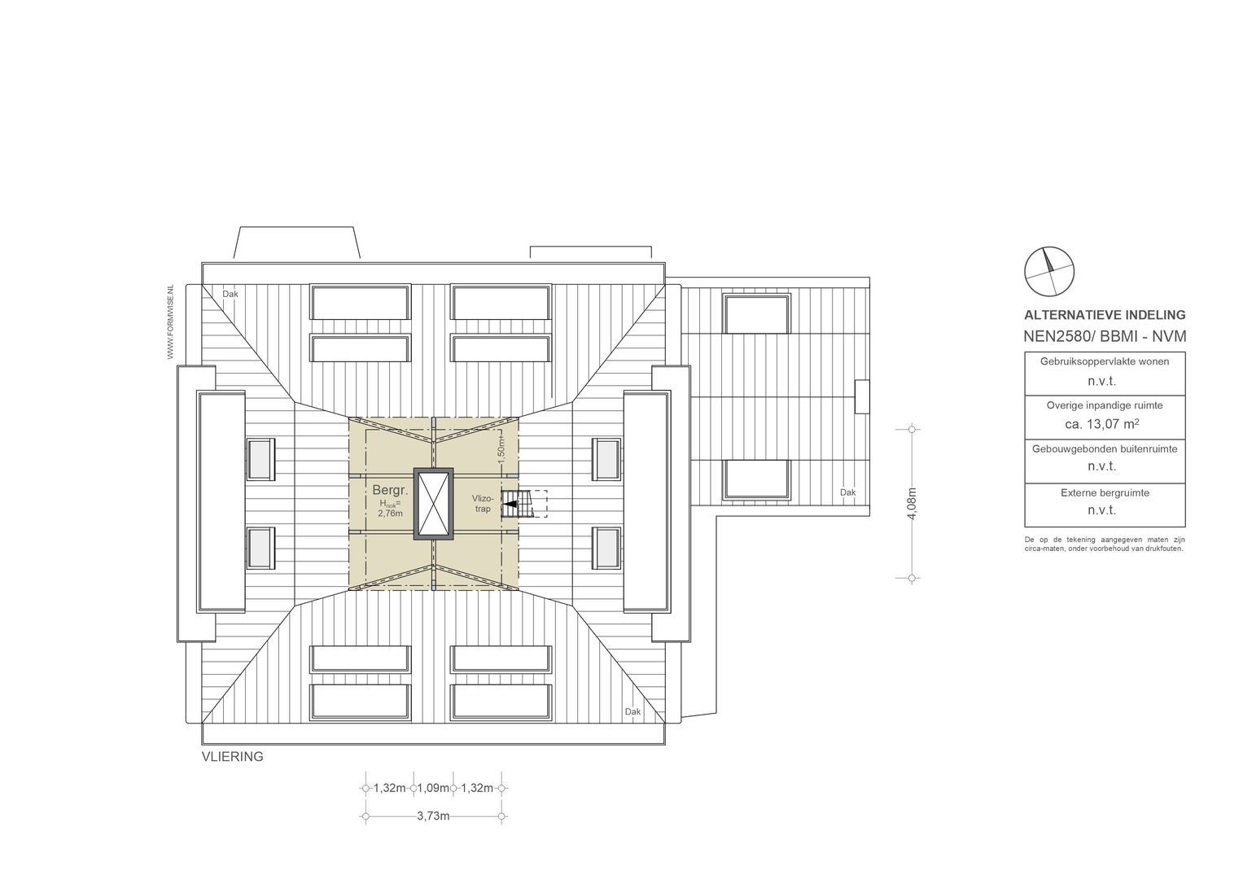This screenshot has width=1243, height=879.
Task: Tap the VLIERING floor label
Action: [x=233, y=756]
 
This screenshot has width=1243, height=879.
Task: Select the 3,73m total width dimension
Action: [x=433, y=816]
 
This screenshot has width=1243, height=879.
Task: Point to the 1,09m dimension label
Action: [x=433, y=788]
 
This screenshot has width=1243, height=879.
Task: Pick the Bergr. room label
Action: [x=390, y=491]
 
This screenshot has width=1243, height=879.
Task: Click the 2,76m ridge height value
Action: [x=390, y=513]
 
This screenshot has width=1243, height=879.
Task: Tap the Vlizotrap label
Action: [x=483, y=504]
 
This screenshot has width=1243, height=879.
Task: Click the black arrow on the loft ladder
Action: [x=510, y=505]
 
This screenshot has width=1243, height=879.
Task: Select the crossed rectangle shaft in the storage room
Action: [x=433, y=504]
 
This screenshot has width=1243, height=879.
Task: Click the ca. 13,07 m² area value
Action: [x=1101, y=423]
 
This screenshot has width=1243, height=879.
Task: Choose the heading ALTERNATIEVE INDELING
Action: [x=1105, y=315]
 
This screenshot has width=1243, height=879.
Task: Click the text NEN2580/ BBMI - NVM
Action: [x=1105, y=336]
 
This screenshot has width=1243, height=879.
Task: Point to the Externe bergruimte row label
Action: [x=1105, y=492]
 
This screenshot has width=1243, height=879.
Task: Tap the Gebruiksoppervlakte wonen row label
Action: [x=1105, y=361]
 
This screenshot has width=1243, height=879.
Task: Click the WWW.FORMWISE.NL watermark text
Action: [x=170, y=322]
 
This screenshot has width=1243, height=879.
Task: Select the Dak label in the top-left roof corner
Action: [x=230, y=295]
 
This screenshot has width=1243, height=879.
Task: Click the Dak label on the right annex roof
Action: [x=848, y=492]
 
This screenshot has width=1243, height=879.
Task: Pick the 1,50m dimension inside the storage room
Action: [x=501, y=445]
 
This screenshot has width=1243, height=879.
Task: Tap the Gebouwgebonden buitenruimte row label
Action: [x=1105, y=448]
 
